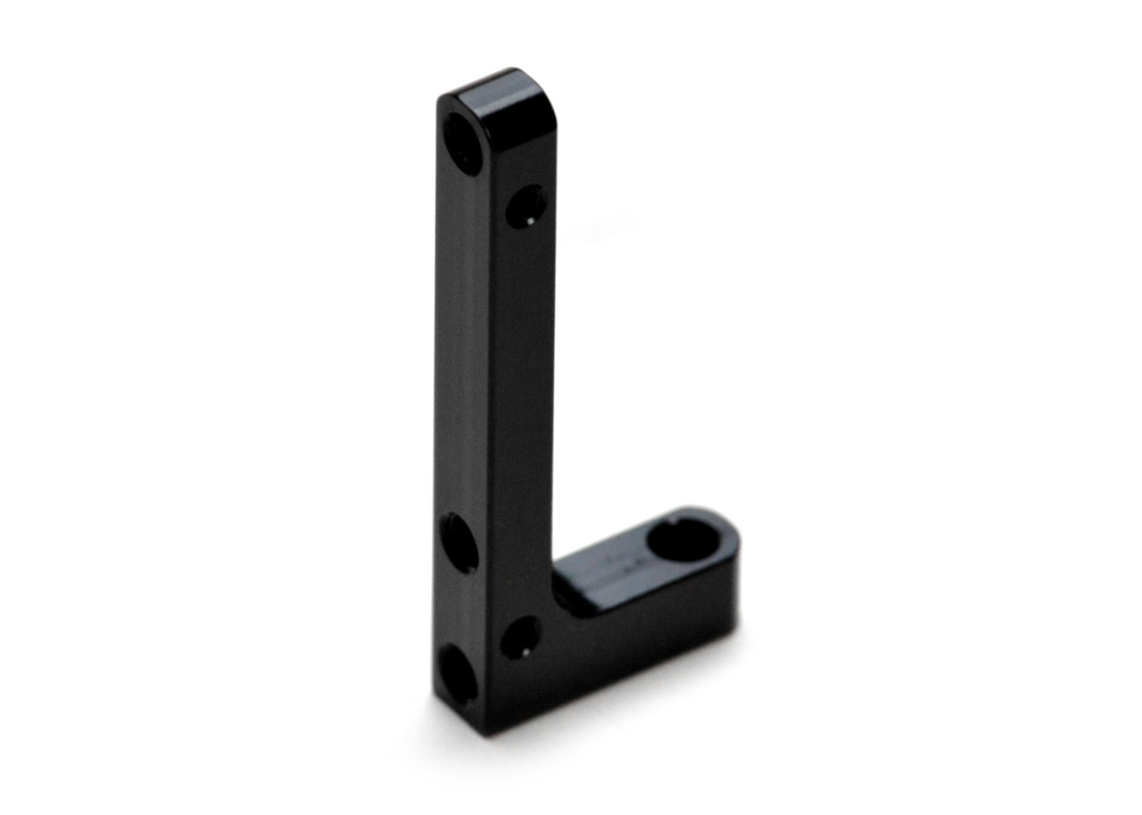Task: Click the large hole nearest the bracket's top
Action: [463, 144]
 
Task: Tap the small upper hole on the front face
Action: [526, 206]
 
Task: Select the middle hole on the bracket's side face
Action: [459, 542]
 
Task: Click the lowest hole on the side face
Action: [458, 673]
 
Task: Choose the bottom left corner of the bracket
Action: [436, 696]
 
